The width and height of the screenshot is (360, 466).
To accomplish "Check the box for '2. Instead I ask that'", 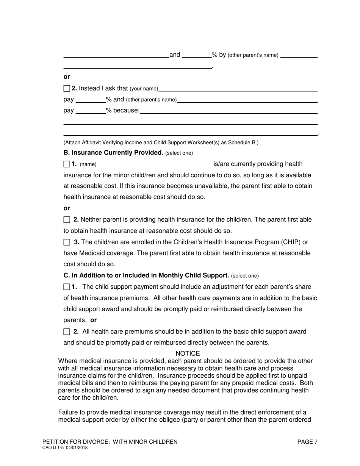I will [67, 88].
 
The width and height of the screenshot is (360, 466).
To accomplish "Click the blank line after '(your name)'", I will [238, 89].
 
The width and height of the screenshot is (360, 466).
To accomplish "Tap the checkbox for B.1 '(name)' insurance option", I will [67, 164].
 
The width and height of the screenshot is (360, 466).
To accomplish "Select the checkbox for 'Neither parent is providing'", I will [67, 220].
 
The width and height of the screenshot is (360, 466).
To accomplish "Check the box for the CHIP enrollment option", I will [67, 242].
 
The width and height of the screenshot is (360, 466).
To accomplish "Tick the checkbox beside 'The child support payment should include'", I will [67, 287].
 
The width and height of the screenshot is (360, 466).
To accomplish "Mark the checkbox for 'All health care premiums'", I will [67, 332].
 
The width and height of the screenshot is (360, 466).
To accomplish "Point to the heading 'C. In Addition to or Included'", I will [146, 275].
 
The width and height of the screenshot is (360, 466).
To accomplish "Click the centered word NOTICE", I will [188, 353].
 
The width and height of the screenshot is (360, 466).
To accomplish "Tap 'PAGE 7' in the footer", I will [307, 442].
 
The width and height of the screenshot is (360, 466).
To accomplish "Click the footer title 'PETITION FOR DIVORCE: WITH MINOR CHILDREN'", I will [110, 442].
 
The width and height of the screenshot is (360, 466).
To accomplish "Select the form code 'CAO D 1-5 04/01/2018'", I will [65, 448].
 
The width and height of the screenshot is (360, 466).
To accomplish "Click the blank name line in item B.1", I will [155, 164].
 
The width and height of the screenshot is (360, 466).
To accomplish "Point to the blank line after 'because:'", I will [229, 111].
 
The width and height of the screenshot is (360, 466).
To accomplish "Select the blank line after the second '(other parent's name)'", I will [247, 100].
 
